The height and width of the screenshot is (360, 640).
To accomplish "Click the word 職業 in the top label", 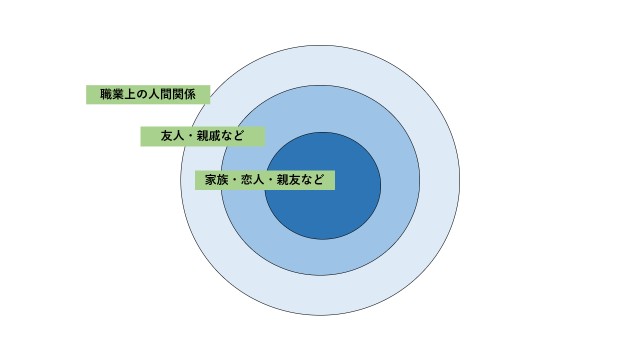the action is point(111,95).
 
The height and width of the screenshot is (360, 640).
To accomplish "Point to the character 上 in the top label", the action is point(129,95).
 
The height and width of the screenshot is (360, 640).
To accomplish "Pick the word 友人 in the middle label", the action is point(173,136).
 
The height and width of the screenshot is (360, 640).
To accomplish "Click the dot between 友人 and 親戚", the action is point(191,136).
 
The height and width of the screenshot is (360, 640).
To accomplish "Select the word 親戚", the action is point(209,136).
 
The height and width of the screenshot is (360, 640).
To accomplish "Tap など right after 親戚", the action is point(233,136).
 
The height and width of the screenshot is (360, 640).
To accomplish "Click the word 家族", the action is point(217,180).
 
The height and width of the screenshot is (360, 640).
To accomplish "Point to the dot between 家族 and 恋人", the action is point(235,180).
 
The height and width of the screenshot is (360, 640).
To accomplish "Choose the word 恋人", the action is point(253,180).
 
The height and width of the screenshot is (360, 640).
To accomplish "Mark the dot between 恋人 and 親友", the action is point(271,180).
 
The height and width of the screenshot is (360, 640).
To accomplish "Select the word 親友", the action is point(289,180).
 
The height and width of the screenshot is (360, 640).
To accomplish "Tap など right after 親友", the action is point(313,180).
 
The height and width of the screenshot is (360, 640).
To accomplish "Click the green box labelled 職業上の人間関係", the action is point(148,95).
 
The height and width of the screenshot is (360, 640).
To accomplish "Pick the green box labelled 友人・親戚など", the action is point(203,136).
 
